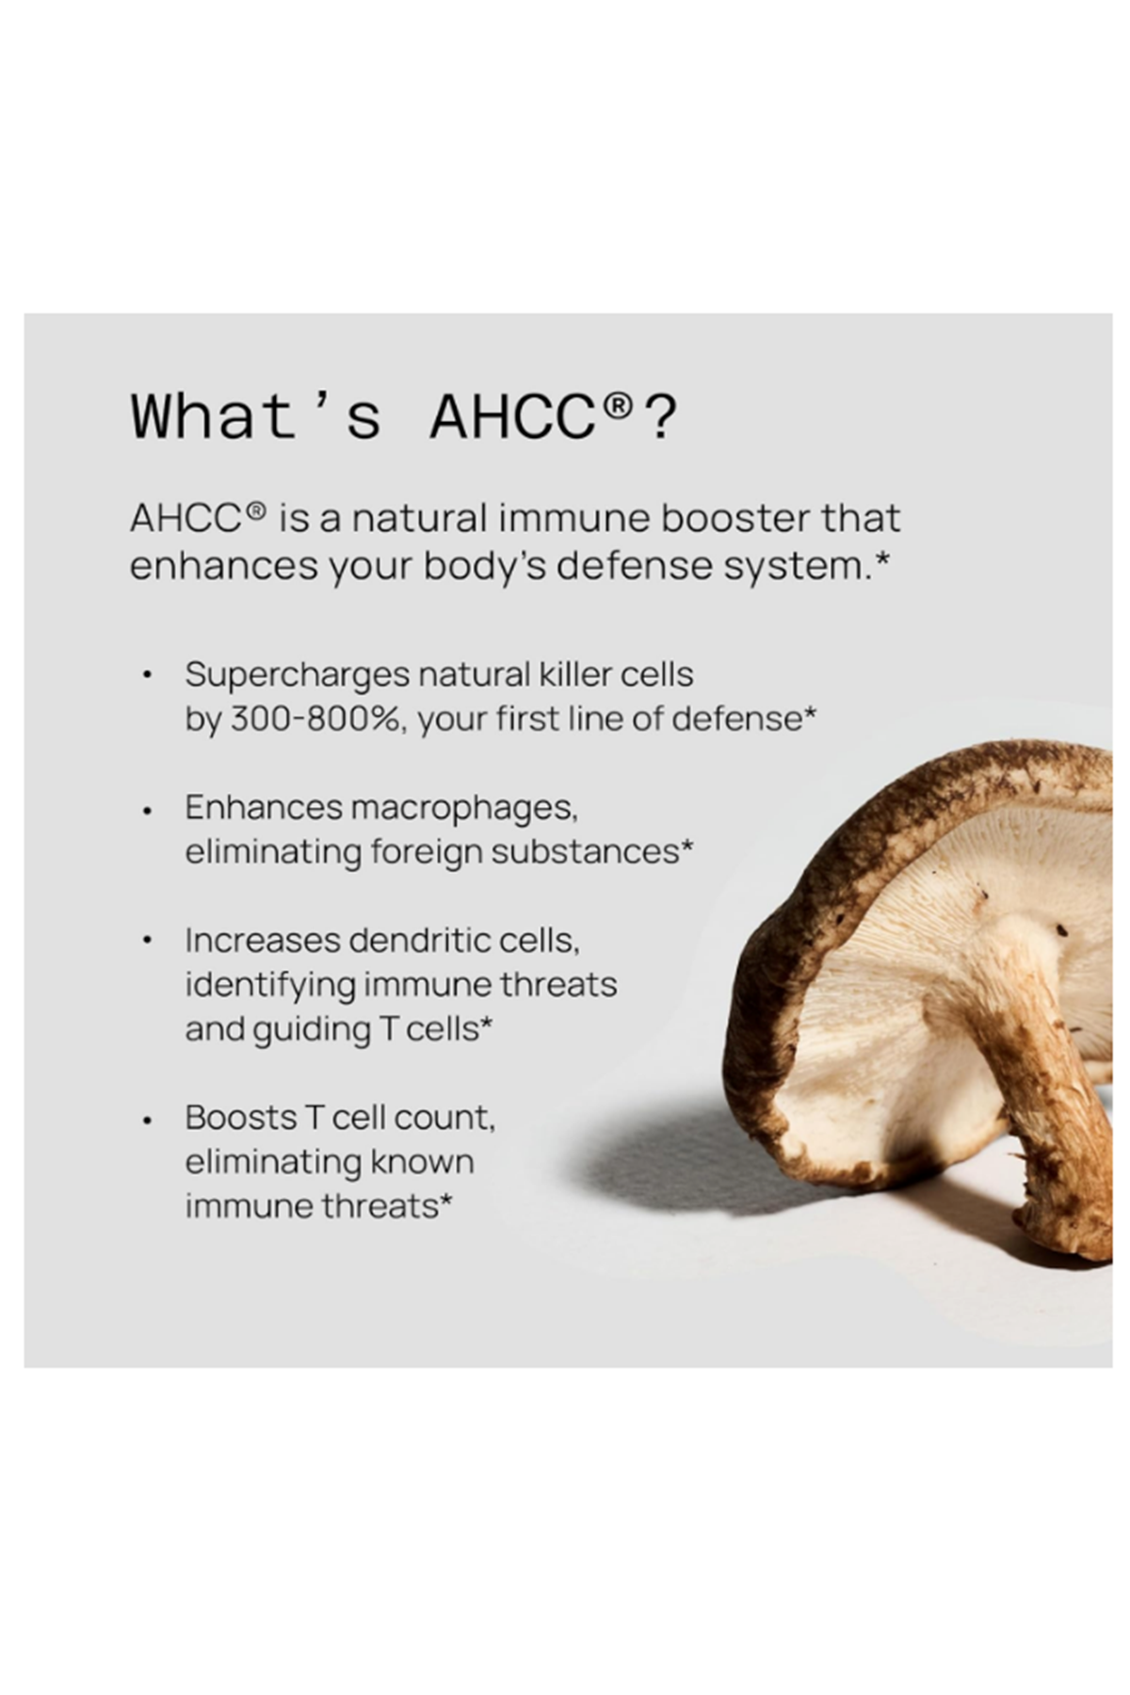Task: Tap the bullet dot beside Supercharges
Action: pos(146,676)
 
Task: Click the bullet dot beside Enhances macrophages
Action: pos(146,809)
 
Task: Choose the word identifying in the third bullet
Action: pos(269,985)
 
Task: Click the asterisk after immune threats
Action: pos(445,1199)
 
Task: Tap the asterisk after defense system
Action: pos(882,558)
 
